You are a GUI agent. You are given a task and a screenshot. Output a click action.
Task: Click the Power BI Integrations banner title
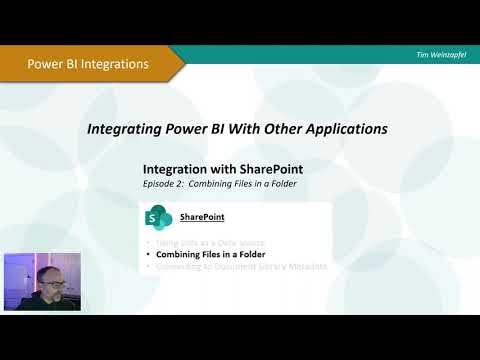click(87, 64)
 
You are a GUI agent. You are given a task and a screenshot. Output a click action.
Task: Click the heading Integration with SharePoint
click(209, 169)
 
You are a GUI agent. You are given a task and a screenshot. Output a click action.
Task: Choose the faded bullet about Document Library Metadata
click(240, 266)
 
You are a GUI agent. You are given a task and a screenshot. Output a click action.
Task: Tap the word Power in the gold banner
click(43, 64)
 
